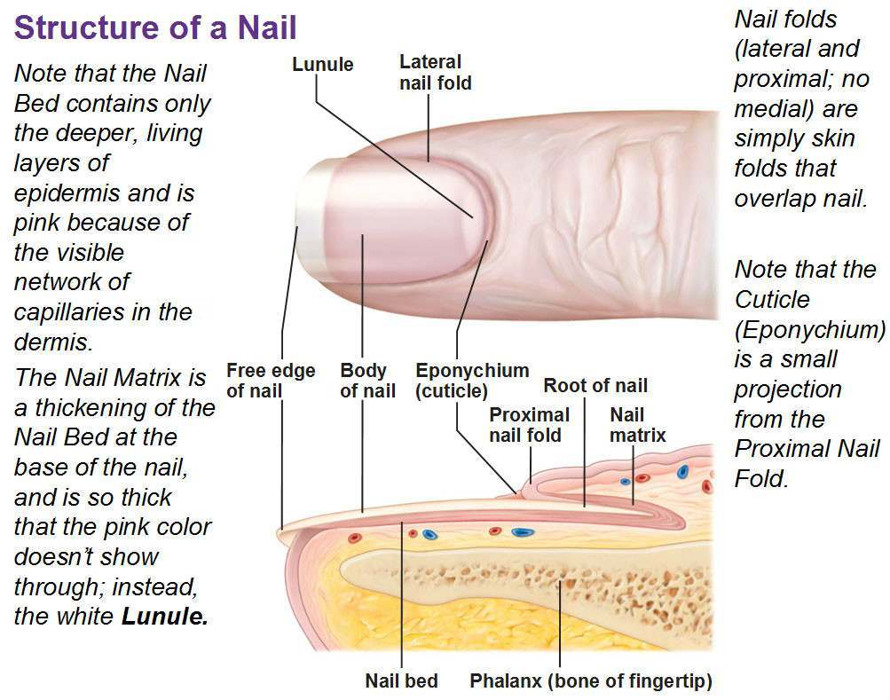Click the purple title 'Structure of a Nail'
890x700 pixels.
coord(155,28)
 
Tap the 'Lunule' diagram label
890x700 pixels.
coord(322,64)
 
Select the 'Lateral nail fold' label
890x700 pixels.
coord(436,72)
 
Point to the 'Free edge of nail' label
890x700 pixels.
coord(270,381)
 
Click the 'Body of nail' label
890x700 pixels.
coord(367,381)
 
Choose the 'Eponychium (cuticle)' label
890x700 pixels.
coord(472,381)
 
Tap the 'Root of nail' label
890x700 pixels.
coord(595,385)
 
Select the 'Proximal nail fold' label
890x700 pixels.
coord(529,425)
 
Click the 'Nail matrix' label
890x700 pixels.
coord(637,425)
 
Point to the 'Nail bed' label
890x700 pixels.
coord(401,680)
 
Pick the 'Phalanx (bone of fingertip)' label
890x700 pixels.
coord(591,680)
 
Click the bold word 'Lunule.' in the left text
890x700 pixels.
coord(165,616)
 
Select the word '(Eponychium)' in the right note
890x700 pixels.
coord(810,329)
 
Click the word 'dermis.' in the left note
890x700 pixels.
coord(52,342)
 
